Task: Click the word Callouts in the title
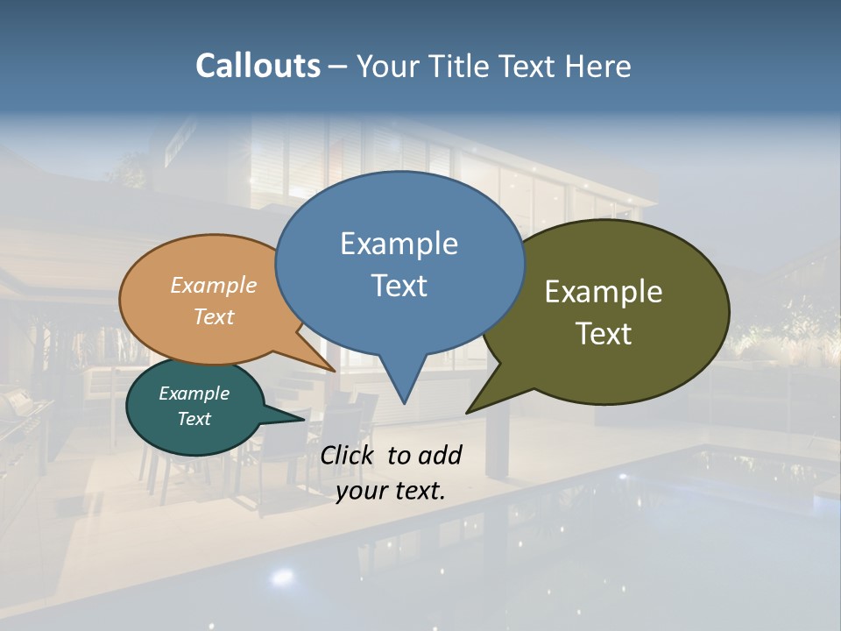pos(258,66)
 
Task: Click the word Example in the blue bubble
pos(399,244)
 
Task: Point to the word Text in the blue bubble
pos(399,286)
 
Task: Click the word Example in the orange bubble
pos(214,285)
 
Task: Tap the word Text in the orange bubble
pos(214,316)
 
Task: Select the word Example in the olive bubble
pos(604,292)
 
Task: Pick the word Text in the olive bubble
pos(604,334)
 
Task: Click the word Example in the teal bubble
pos(194,393)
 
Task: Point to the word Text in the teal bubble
pos(194,419)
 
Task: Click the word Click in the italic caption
pos(349,455)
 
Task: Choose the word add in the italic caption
pos(441,455)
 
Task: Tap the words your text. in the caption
pos(391,491)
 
